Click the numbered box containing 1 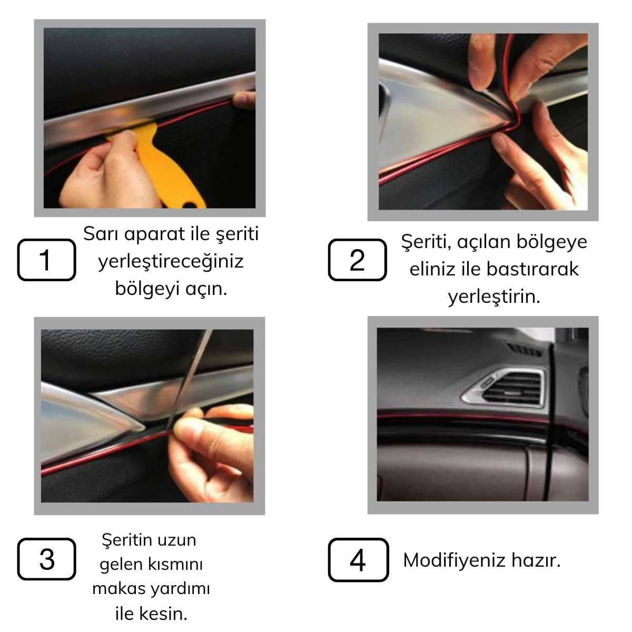pos(46,260)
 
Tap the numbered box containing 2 pos(358,260)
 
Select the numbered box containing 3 pos(46,559)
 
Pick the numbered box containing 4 pos(359,559)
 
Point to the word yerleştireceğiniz pos(171,262)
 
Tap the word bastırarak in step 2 pos(532,269)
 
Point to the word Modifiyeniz pos(454,560)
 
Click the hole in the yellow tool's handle pos(189,205)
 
